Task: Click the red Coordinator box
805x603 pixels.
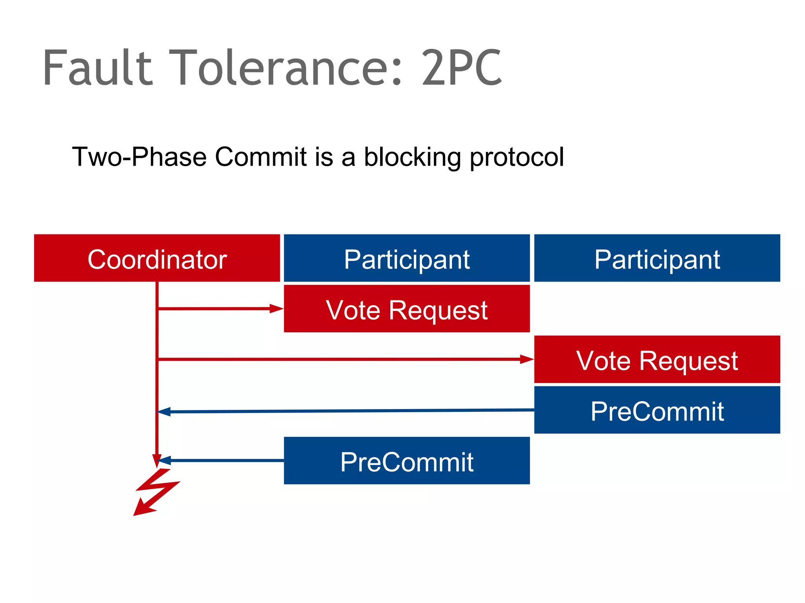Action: point(157,258)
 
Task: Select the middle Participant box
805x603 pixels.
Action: point(406,258)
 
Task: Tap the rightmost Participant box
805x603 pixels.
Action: point(657,258)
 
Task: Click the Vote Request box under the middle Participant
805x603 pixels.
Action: point(406,309)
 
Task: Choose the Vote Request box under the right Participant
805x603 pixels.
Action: point(657,359)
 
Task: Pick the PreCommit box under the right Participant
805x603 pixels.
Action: point(657,410)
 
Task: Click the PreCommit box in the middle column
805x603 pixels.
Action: point(406,460)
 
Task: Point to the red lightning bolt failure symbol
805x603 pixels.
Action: point(155,493)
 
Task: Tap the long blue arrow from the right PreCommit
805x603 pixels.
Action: point(346,411)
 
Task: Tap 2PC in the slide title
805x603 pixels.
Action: point(461,68)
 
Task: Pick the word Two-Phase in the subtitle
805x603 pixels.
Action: point(139,157)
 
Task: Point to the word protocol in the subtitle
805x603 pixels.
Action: point(517,157)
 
